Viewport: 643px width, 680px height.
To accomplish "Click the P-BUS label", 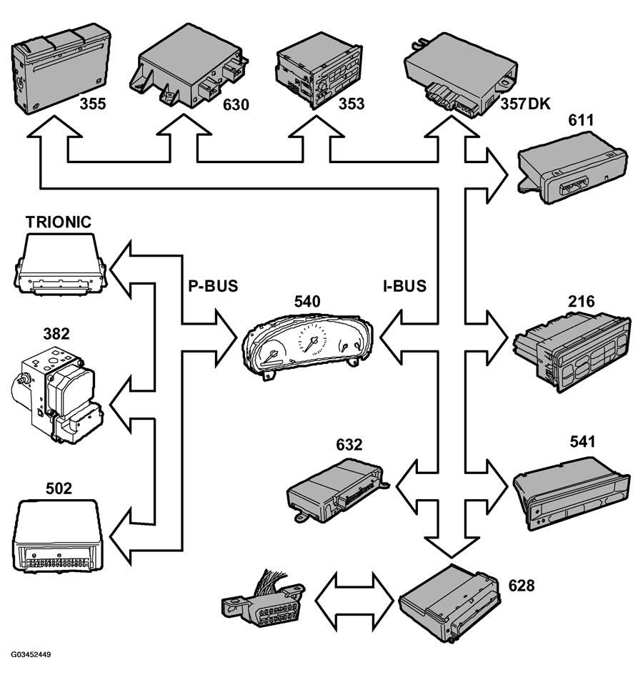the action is [213, 286].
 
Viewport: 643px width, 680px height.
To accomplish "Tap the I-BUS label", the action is [404, 286].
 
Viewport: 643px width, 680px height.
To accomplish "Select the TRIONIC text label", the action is [59, 222].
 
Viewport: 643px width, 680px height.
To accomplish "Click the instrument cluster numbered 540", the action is [307, 345].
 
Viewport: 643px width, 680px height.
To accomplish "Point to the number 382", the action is [56, 333].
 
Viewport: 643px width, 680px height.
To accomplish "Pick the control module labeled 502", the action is [58, 536].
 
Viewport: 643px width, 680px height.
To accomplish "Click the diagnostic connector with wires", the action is [264, 599].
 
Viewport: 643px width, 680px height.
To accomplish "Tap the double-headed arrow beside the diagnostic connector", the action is [354, 601].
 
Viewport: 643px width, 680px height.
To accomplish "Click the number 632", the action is [349, 445].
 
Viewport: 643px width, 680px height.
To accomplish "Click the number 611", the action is [581, 120].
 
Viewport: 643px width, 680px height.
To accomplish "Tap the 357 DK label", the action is [525, 104].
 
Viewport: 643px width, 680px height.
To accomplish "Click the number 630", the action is [236, 104].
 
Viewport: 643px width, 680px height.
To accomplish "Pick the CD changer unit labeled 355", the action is [60, 68].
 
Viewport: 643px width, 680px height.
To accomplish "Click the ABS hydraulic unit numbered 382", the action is [56, 394].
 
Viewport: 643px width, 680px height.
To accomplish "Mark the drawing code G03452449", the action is [31, 654].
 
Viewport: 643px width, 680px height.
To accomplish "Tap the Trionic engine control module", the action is [60, 265].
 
